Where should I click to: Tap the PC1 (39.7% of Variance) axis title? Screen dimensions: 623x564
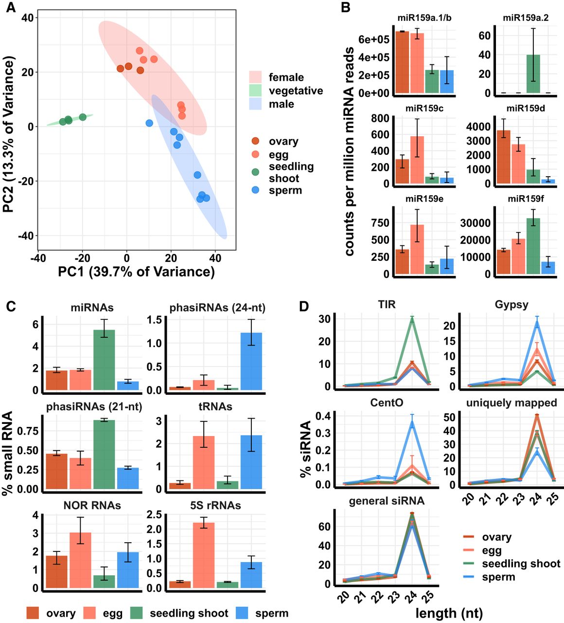click(x=136, y=272)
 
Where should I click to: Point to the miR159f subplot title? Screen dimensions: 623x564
click(x=526, y=199)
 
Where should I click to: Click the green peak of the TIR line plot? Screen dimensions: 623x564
click(x=412, y=318)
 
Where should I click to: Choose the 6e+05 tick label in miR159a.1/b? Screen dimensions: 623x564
click(x=373, y=39)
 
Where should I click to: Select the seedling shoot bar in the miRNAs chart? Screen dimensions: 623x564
click(x=104, y=360)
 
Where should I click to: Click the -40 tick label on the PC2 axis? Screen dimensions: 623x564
click(x=27, y=236)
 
